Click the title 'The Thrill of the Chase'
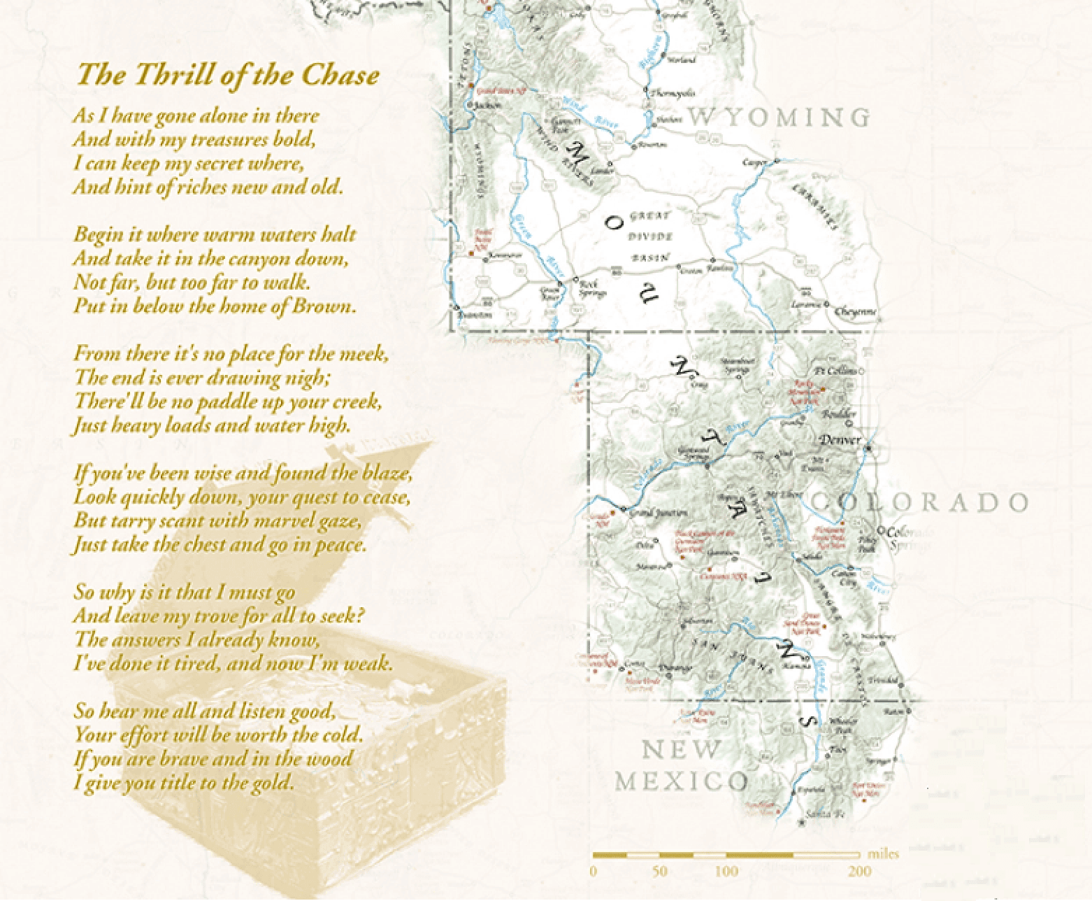[x=228, y=75]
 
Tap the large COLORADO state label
[x=919, y=502]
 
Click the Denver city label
[x=839, y=441]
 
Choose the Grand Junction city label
[x=654, y=513]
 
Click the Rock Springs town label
[x=591, y=288]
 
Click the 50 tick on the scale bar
[x=659, y=872]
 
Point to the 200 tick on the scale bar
[x=859, y=872]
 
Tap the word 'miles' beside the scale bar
[x=883, y=854]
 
